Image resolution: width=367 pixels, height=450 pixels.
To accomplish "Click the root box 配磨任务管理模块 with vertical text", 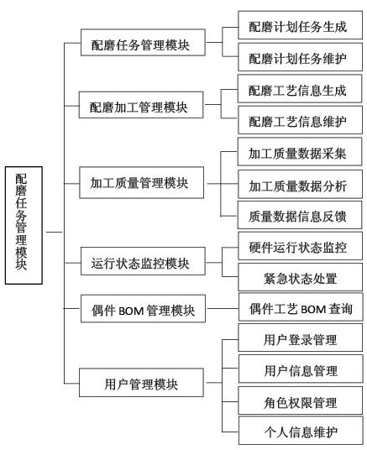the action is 24,225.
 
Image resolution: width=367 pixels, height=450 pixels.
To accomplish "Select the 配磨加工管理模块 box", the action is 141,105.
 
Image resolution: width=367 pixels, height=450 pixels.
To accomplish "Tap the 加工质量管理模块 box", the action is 142,183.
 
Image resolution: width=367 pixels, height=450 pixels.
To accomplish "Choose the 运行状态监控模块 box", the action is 143,261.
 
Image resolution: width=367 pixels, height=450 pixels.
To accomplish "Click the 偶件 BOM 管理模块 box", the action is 143,308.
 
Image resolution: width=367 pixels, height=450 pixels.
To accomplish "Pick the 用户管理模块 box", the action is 141,383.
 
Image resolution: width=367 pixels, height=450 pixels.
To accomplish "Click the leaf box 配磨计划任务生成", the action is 301,25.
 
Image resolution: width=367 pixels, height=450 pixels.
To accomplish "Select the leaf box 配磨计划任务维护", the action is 301,57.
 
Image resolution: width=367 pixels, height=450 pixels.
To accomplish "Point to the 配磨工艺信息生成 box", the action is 300,89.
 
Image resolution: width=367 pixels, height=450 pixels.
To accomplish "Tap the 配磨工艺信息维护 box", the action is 301,120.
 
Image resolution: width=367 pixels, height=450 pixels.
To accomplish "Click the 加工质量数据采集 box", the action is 300,151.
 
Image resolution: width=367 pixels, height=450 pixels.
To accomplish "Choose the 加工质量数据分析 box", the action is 301,184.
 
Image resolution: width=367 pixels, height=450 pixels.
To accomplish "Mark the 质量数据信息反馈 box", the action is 300,215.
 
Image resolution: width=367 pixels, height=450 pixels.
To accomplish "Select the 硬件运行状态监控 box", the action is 301,246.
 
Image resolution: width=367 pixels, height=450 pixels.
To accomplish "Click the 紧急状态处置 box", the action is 301,277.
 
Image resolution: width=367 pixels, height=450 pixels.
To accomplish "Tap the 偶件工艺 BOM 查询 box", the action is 301,306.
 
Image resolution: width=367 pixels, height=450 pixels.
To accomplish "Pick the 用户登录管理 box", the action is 301,337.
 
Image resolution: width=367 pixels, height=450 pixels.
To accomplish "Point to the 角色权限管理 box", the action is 301,400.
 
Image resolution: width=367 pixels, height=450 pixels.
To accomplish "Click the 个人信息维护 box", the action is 301,431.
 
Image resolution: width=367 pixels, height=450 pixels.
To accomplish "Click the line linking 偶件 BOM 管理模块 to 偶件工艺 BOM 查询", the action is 223,308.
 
